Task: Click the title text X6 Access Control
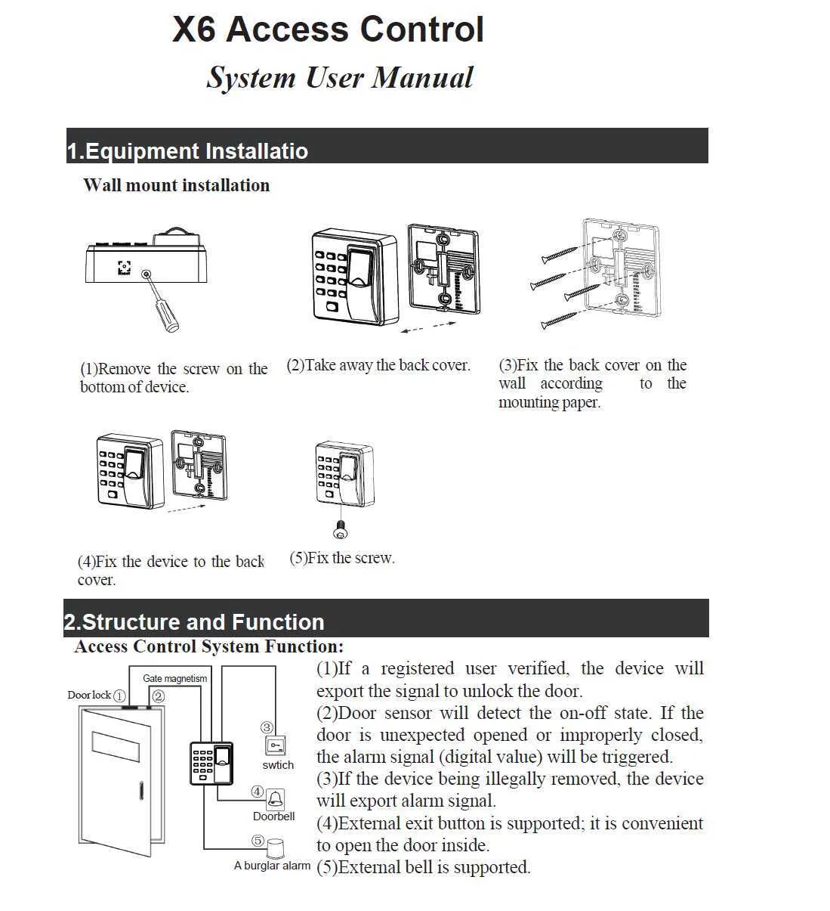coord(328,30)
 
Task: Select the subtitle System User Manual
coord(340,78)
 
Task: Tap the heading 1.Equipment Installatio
coord(187,151)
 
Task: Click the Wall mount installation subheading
coord(176,185)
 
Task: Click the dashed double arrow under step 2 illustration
coord(428,327)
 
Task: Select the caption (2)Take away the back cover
coord(378,365)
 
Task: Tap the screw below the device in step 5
coord(341,530)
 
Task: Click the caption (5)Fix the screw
coord(342,558)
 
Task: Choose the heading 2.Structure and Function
coord(194,622)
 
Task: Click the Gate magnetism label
coord(174,678)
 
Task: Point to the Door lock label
coord(89,696)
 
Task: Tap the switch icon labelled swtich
coord(276,746)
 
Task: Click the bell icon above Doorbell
coord(276,798)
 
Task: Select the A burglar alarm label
coord(272,866)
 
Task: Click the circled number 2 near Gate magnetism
coord(158,696)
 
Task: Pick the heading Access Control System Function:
coord(208,647)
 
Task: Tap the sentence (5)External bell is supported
coord(423,867)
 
